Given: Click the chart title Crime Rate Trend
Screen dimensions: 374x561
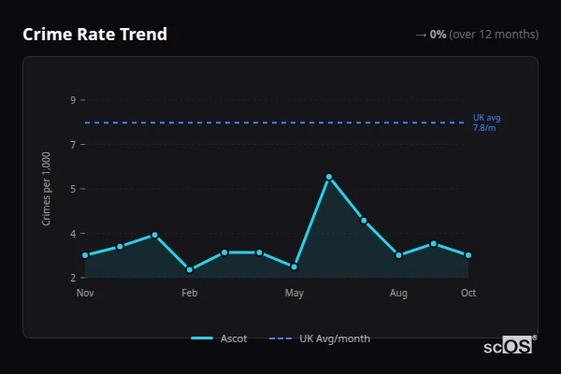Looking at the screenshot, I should pyautogui.click(x=94, y=35).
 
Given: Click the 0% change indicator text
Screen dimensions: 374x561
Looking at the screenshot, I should pyautogui.click(x=438, y=35).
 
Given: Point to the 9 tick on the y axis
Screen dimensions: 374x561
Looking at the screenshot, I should pyautogui.click(x=73, y=100).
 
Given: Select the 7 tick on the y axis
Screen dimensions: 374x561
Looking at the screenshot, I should pyautogui.click(x=73, y=144).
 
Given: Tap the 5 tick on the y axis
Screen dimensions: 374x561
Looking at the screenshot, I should pyautogui.click(x=73, y=189).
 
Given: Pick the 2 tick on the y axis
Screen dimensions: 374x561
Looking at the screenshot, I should pyautogui.click(x=73, y=278).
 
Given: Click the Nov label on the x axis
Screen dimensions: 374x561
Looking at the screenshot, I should pyautogui.click(x=85, y=294).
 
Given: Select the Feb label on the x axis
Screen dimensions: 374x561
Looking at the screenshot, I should pyautogui.click(x=190, y=294).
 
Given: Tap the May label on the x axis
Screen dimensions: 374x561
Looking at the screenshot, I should pyautogui.click(x=295, y=294).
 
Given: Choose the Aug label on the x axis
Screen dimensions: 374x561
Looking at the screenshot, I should pyautogui.click(x=398, y=294).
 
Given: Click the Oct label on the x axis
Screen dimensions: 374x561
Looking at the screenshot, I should pyautogui.click(x=468, y=294).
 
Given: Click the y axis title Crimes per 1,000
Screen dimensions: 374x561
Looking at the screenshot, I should pyautogui.click(x=47, y=189).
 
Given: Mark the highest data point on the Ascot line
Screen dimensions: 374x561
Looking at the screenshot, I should pyautogui.click(x=329, y=177).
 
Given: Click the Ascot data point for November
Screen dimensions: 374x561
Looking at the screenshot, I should pyautogui.click(x=85, y=255).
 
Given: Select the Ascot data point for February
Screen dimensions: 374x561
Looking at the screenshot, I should pyautogui.click(x=190, y=269).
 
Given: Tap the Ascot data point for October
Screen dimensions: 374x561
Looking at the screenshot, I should pyautogui.click(x=468, y=255).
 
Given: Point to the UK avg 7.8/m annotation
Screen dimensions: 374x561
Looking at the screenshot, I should pyautogui.click(x=486, y=122).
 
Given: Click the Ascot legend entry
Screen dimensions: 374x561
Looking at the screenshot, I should pyautogui.click(x=220, y=338).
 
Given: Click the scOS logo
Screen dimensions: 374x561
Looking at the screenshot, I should pyautogui.click(x=510, y=345).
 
